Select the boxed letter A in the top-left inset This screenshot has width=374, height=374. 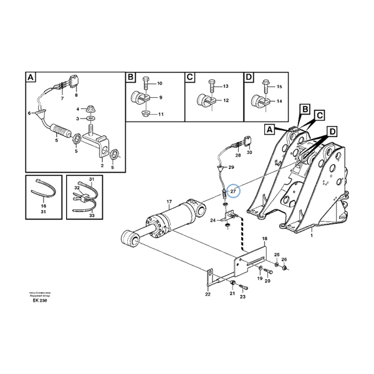point(31,78)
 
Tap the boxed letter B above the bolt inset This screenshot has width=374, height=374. point(131,78)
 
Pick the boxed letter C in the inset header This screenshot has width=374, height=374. point(190,78)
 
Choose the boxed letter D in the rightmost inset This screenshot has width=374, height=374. point(249,78)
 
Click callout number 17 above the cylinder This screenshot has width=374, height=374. point(168,201)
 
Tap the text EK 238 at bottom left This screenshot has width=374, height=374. point(40,300)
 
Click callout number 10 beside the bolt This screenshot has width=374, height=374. point(159,84)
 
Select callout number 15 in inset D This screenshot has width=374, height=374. point(279,87)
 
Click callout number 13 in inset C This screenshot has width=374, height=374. point(225,86)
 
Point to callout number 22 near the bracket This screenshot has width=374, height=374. point(208,294)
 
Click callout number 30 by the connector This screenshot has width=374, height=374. point(249,151)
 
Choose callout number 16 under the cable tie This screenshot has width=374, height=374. point(44,207)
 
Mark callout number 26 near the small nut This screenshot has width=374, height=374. point(284,259)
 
